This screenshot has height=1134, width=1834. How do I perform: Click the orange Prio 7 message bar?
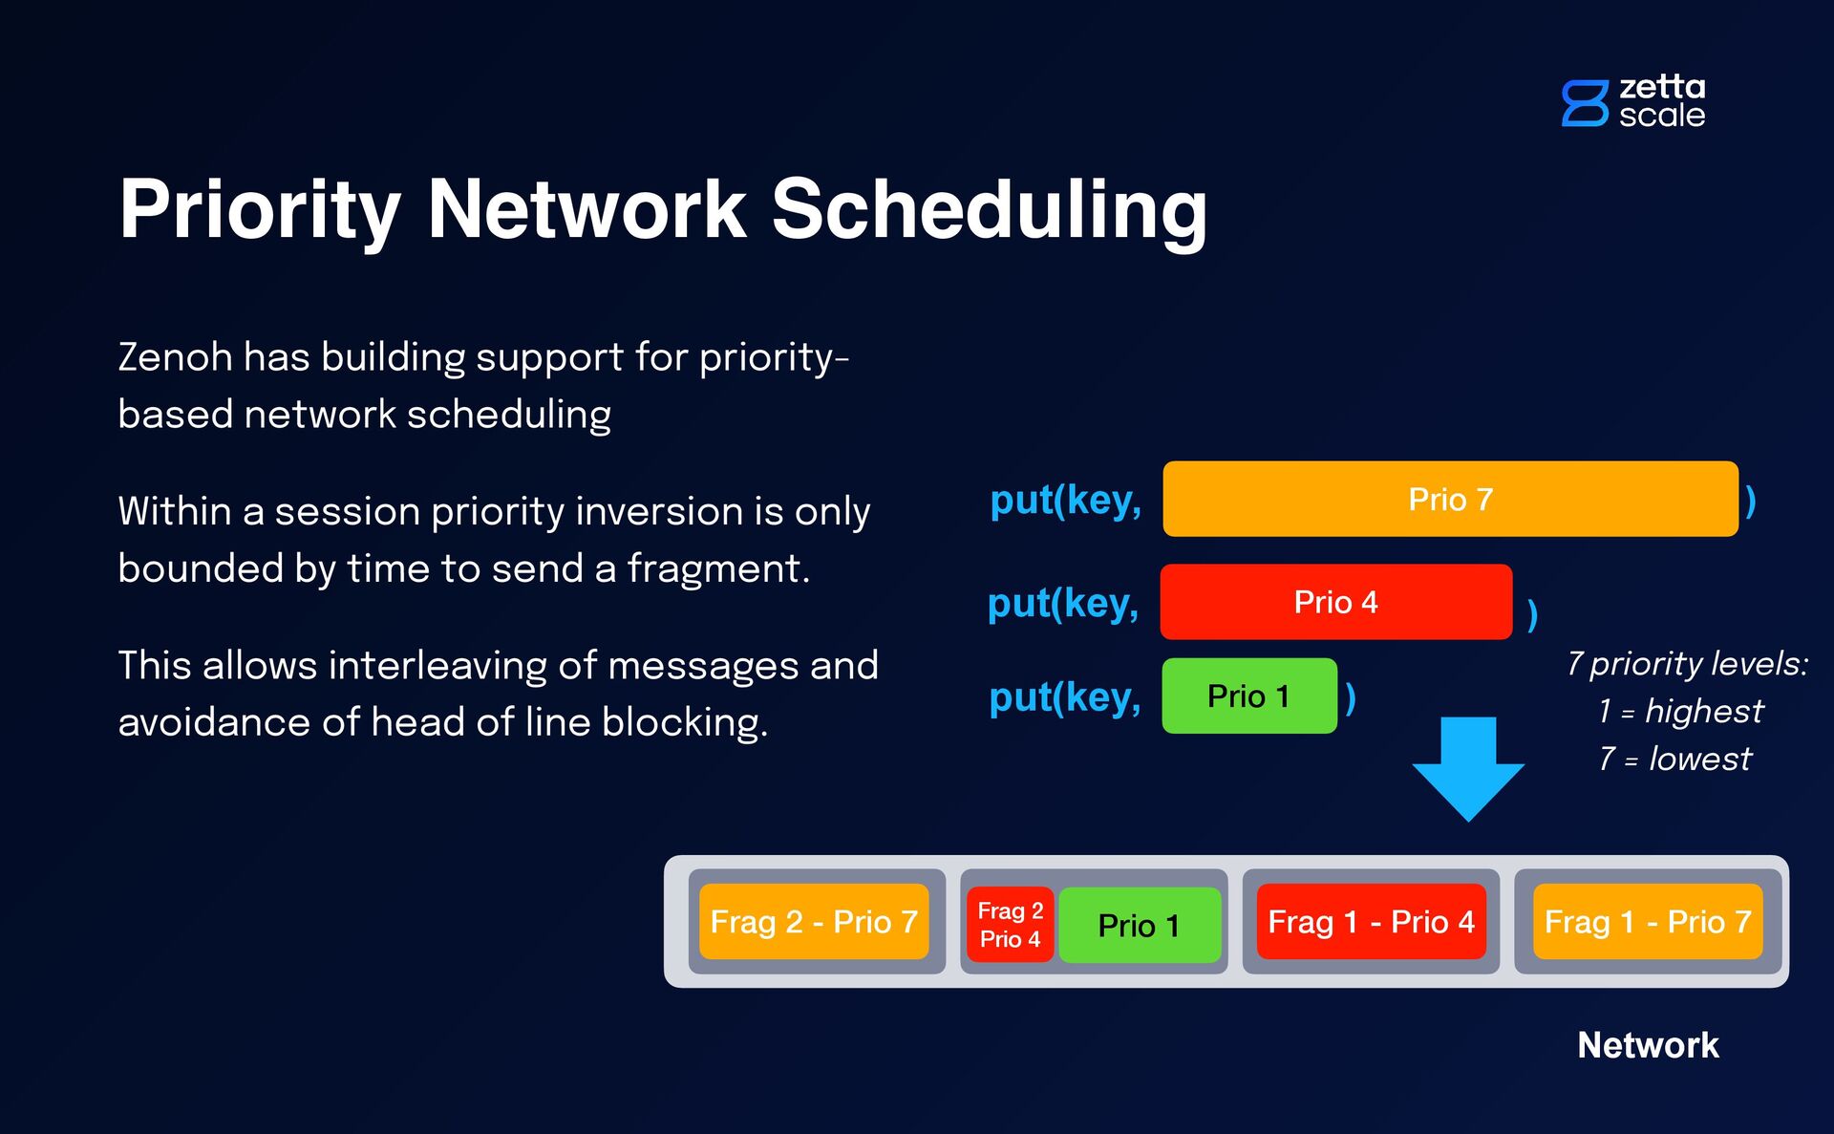click(1450, 499)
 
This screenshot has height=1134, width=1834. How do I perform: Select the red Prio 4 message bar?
click(1335, 602)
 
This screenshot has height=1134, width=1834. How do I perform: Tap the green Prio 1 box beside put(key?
click(1248, 695)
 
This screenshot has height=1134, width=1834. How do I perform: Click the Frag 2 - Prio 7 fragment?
click(814, 922)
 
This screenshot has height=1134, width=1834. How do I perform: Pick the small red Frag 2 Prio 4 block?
click(1010, 925)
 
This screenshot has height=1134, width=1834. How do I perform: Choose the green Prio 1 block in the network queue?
click(1139, 925)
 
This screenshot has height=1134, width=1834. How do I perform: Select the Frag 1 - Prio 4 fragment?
click(1371, 922)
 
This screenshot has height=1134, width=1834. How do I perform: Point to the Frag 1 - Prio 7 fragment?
click(1648, 922)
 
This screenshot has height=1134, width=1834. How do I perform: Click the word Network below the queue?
click(1648, 1045)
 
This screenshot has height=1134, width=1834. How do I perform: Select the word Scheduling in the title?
click(989, 209)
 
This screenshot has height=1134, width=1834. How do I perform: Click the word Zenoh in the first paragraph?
click(175, 357)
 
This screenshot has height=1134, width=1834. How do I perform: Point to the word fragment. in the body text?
click(718, 568)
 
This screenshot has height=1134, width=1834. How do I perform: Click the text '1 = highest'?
click(1681, 711)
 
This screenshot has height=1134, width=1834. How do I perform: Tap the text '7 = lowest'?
click(1675, 759)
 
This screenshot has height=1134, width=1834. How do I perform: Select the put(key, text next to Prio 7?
click(1065, 500)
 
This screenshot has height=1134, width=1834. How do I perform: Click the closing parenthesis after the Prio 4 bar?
click(1532, 613)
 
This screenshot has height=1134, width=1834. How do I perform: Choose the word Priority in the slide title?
click(260, 209)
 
